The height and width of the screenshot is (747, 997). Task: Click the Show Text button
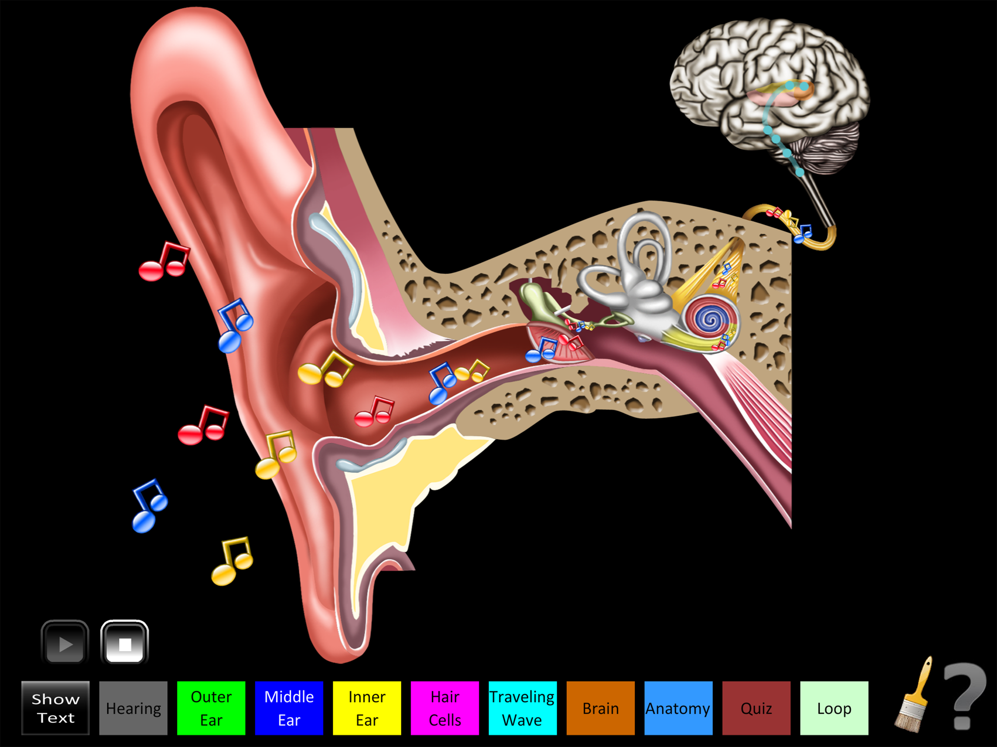tap(55, 708)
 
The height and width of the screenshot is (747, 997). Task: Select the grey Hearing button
tap(134, 708)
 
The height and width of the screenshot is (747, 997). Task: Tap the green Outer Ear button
tap(211, 708)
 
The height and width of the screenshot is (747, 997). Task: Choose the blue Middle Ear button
tap(289, 708)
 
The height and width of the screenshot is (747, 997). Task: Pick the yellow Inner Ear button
tap(367, 708)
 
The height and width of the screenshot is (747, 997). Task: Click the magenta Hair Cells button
tap(445, 708)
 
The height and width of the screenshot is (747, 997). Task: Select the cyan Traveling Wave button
tap(522, 708)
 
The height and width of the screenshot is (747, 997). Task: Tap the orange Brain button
tap(600, 708)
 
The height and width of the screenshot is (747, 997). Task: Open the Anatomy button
tap(678, 708)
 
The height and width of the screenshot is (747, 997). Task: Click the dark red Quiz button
tap(756, 708)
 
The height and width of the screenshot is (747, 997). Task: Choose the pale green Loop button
tap(834, 708)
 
